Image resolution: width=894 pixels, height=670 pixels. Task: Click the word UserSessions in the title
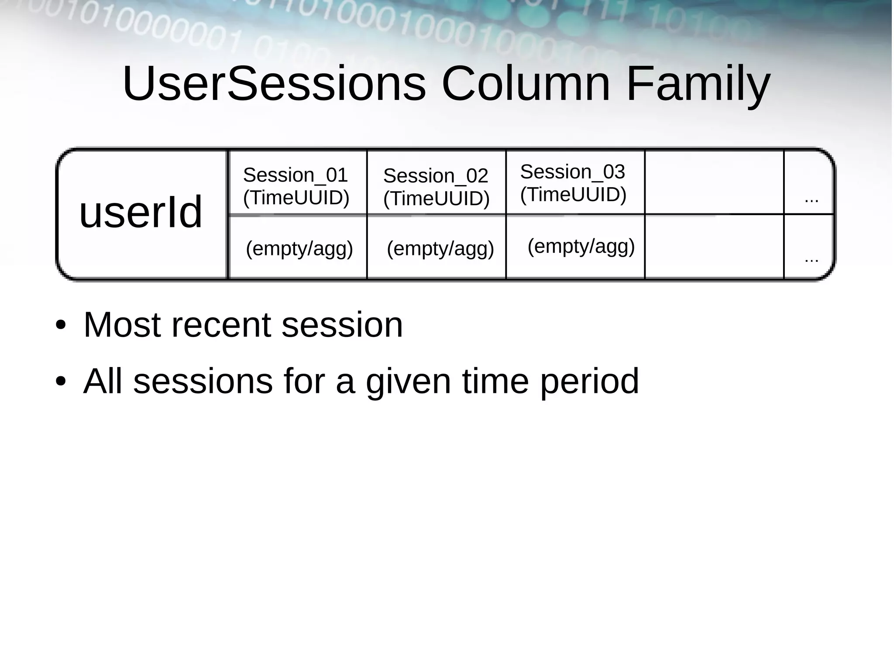tap(274, 83)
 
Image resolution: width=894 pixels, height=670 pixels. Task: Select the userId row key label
tap(141, 212)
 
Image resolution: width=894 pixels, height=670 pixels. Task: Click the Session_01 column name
tap(295, 175)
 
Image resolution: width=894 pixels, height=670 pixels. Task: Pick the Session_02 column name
tap(435, 176)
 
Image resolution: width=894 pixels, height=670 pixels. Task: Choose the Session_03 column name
tap(572, 172)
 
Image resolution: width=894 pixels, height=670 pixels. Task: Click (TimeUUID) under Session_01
tap(296, 198)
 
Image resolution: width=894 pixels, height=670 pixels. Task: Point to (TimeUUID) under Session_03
tap(573, 195)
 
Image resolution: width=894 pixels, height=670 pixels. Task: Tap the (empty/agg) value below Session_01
tap(299, 249)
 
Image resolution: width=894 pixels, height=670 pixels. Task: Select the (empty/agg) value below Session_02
tap(440, 249)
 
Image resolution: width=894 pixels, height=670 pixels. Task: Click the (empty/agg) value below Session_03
tap(581, 247)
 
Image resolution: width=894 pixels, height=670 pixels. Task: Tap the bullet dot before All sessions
tap(61, 381)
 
